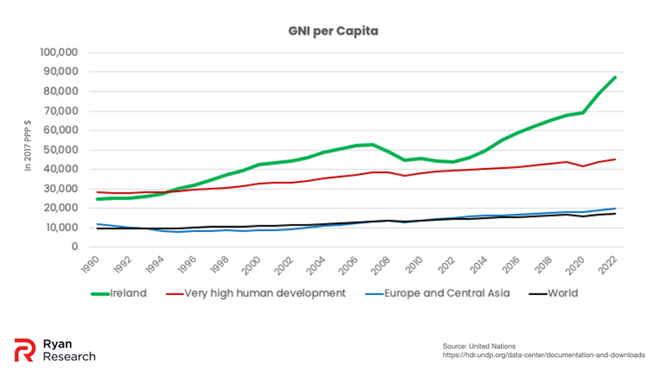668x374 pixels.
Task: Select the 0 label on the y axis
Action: coord(72,247)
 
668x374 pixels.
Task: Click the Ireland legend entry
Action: coord(128,293)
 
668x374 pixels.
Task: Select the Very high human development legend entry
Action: coord(264,293)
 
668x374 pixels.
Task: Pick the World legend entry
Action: coord(562,293)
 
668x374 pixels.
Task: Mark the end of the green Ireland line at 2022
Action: coord(615,77)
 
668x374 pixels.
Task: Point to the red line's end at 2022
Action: coord(615,159)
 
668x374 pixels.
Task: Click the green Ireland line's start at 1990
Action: coord(97,199)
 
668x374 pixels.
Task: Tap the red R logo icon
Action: coord(25,350)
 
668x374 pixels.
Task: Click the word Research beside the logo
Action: coord(69,357)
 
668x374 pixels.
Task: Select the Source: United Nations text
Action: coord(479,346)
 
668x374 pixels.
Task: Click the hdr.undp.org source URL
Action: coord(544,355)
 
